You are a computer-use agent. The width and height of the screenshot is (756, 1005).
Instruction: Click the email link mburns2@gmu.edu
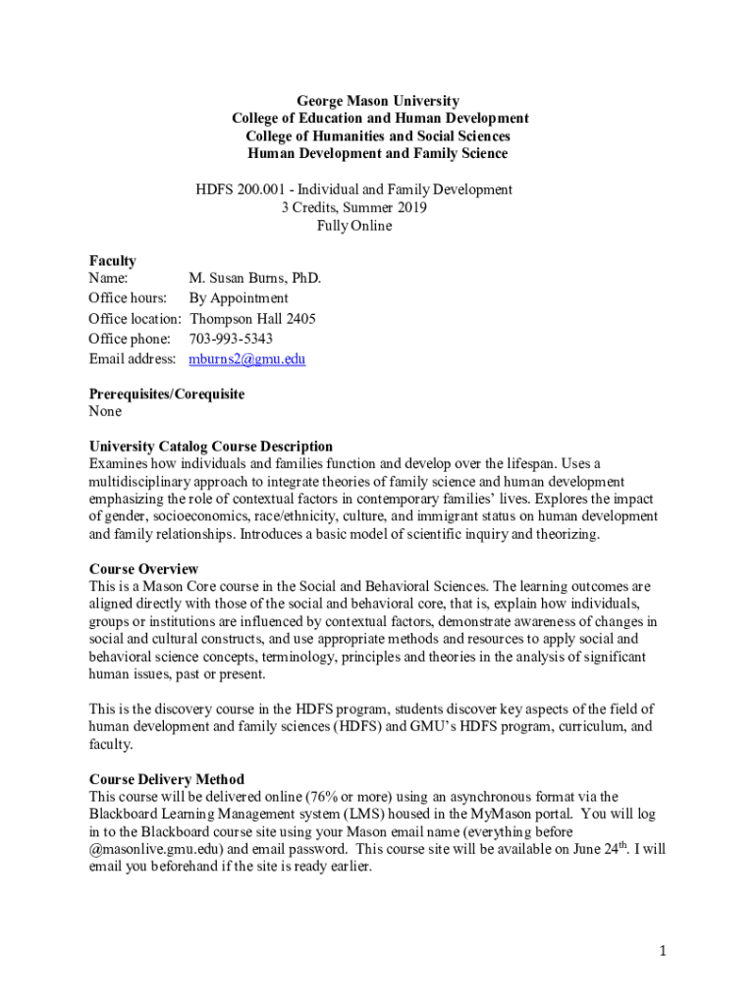point(246,359)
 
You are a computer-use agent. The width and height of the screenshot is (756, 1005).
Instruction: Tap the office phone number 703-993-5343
point(231,339)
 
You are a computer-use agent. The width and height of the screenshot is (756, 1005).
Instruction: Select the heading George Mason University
point(378,101)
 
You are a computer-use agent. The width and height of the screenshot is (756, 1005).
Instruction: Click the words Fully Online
point(353,226)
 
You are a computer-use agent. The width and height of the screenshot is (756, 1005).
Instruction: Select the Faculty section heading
point(113,261)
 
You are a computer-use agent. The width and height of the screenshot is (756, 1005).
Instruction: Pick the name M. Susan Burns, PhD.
point(255,279)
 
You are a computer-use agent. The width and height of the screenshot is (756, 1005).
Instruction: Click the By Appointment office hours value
point(239,298)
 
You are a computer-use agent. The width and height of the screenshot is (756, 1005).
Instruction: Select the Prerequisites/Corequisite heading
point(167,395)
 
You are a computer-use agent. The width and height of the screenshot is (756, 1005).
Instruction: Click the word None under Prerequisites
point(106,412)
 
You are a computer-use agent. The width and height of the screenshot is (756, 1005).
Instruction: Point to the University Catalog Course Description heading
point(211,447)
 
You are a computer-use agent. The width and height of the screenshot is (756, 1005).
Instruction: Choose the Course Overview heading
point(144,569)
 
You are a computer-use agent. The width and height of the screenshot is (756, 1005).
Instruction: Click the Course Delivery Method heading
point(167,779)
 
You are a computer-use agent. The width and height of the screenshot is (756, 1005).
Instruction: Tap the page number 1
point(664,950)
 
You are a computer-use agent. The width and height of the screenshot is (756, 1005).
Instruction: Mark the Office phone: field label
point(130,339)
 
